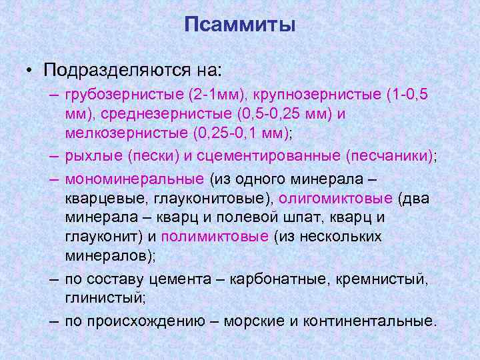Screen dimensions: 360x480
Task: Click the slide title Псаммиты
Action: pos(240,25)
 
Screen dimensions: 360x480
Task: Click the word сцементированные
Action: pos(271,156)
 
